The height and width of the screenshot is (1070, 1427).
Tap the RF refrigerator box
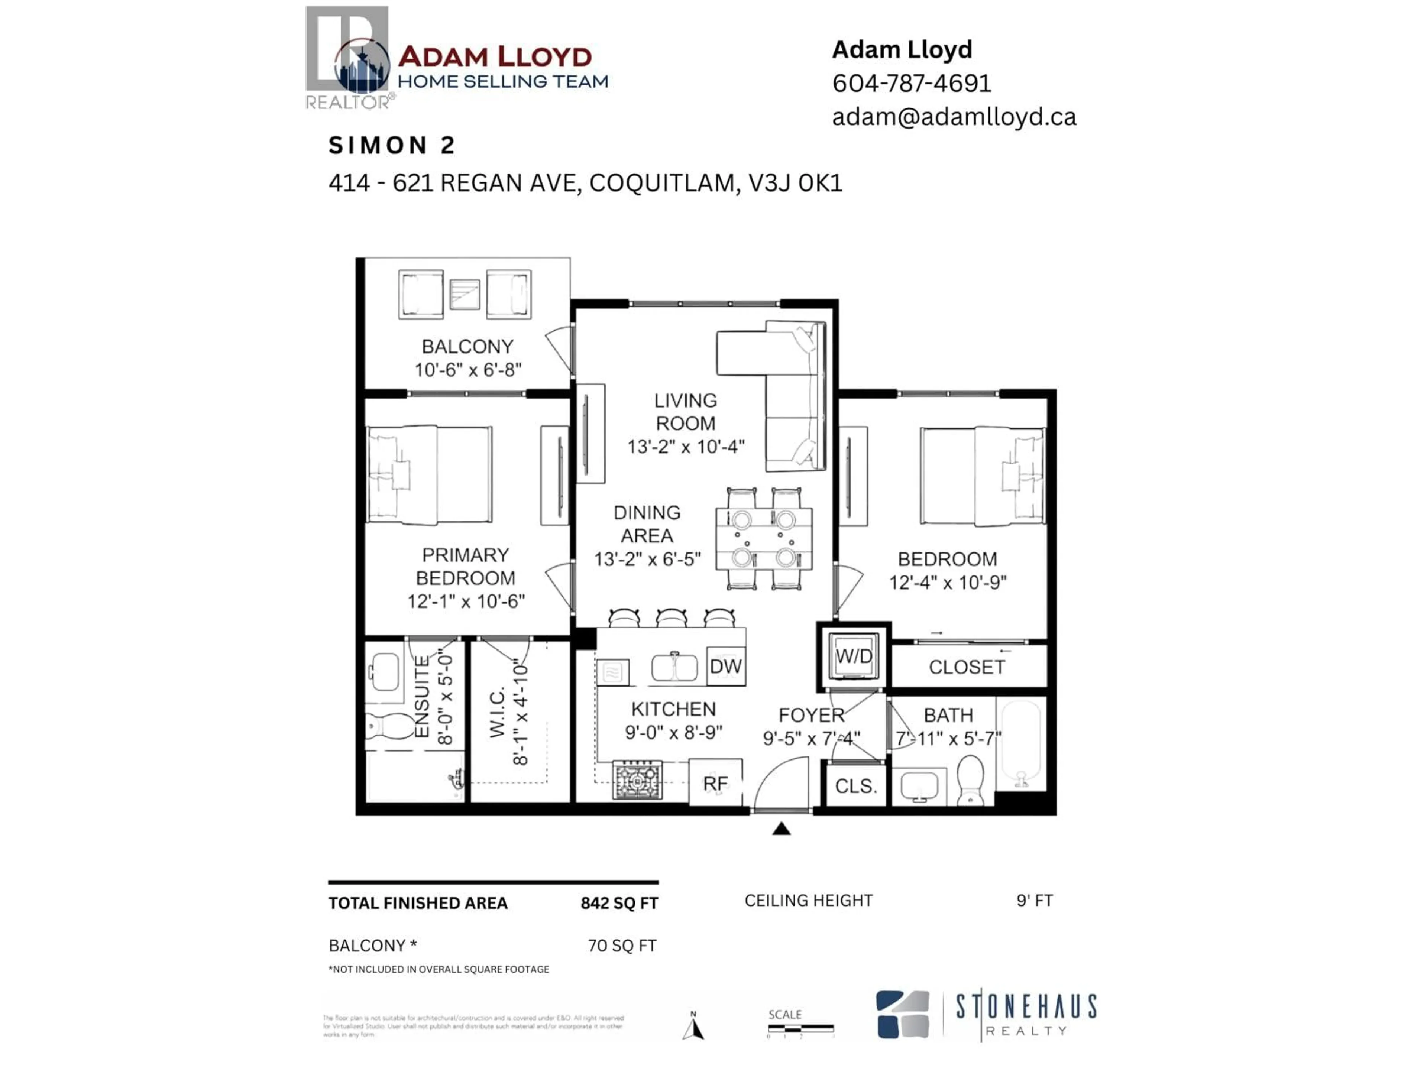(x=715, y=783)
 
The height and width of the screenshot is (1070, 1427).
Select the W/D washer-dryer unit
(x=854, y=656)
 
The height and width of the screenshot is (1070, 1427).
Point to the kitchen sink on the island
(x=674, y=668)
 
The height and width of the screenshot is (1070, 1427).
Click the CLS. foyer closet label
(x=855, y=786)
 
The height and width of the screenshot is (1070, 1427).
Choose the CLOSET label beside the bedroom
(x=967, y=667)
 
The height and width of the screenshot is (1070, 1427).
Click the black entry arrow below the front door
(x=781, y=829)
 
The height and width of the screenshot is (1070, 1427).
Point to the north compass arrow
(x=693, y=1026)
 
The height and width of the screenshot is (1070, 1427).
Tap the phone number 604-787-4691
(x=911, y=83)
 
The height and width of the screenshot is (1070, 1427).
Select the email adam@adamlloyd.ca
(x=954, y=117)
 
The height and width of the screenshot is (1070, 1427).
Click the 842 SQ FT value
(x=619, y=903)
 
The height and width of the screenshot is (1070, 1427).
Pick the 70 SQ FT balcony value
(x=622, y=946)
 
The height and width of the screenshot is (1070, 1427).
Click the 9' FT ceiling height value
(x=1034, y=900)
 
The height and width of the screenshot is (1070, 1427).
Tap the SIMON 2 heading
(x=392, y=146)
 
